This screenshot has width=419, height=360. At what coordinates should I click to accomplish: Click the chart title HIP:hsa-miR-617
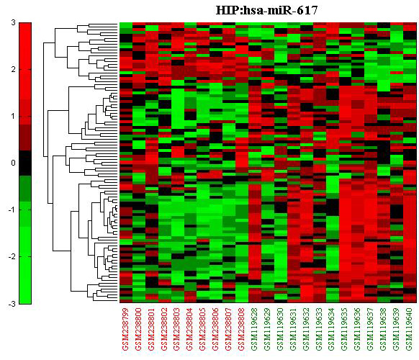click(266, 10)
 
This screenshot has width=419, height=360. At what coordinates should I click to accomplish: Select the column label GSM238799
click(125, 329)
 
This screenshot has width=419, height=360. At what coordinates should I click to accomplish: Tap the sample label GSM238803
click(177, 329)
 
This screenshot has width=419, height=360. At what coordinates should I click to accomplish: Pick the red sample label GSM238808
click(242, 329)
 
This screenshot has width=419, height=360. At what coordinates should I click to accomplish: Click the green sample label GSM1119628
click(254, 329)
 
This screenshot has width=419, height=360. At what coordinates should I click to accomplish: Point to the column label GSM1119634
click(332, 329)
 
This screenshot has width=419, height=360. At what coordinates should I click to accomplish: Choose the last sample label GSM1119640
click(409, 329)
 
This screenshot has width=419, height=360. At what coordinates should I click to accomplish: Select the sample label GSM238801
click(151, 329)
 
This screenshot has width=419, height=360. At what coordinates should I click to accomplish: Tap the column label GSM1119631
click(293, 329)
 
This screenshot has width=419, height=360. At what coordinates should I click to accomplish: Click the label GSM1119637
click(370, 329)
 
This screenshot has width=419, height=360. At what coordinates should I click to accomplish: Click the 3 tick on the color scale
click(14, 23)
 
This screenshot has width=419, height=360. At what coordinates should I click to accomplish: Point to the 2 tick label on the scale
click(14, 70)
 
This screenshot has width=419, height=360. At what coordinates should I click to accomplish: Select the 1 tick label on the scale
click(14, 116)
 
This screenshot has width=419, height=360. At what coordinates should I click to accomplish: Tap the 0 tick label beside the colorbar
click(14, 163)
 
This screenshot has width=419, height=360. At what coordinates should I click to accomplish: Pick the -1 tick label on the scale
click(12, 210)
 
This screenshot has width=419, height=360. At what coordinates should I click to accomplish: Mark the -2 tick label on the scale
click(12, 256)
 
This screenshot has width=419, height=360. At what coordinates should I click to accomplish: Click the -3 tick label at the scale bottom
click(12, 304)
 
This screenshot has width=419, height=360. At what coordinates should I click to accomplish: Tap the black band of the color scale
click(25, 163)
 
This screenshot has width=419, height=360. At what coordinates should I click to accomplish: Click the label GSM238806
click(216, 329)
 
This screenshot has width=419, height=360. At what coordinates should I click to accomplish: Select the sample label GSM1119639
click(396, 329)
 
